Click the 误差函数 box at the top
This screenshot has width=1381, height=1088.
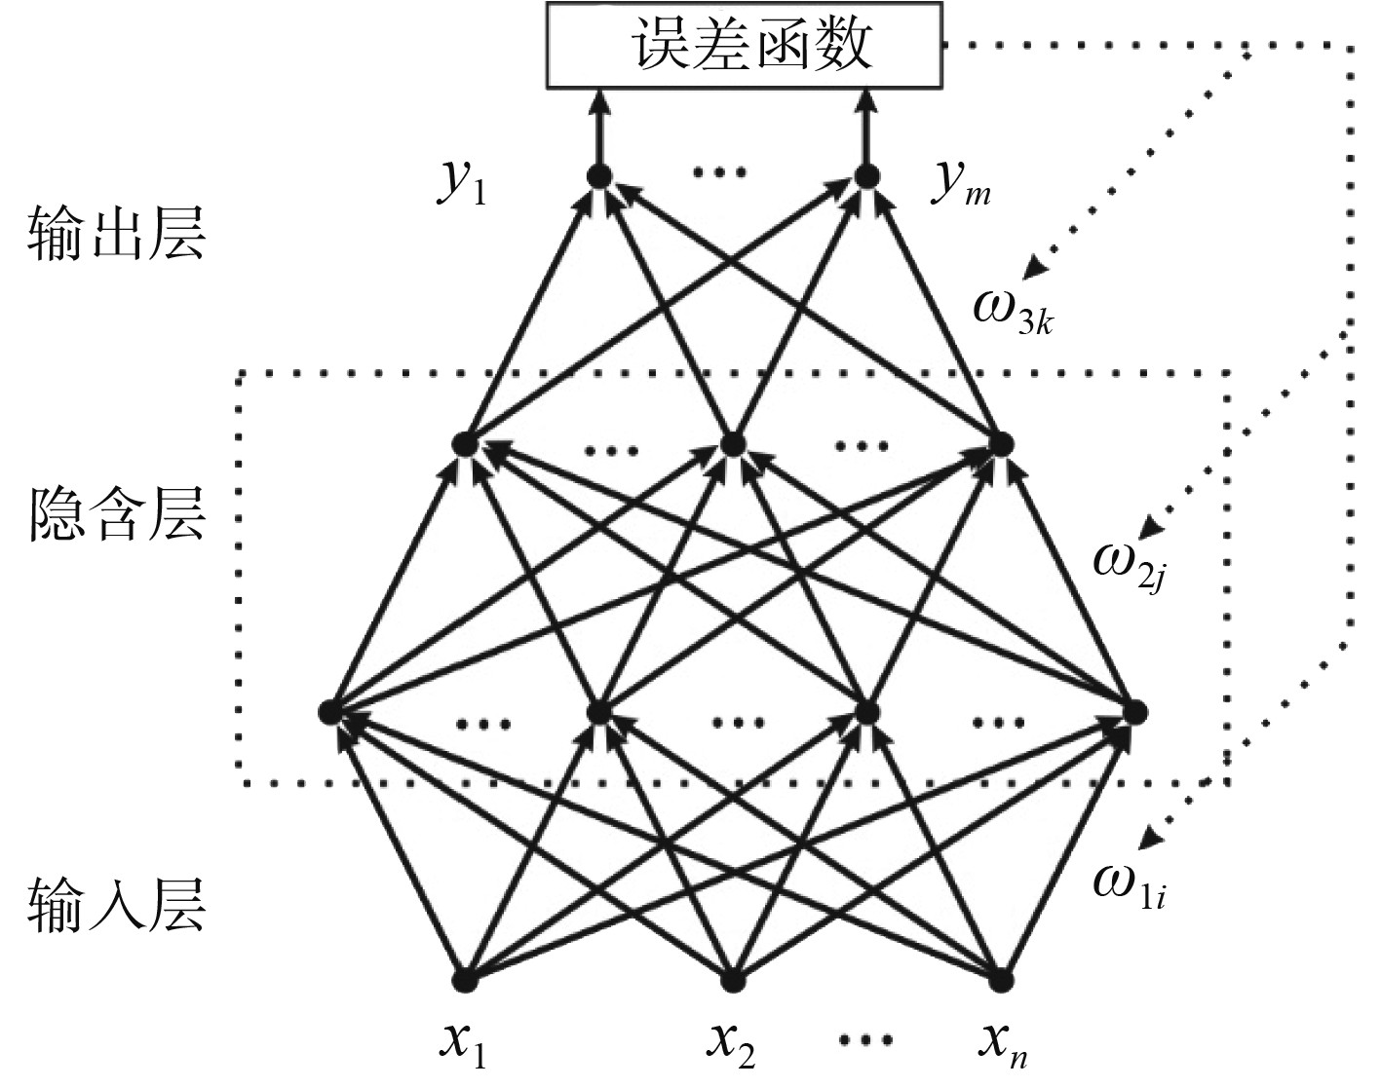click(744, 45)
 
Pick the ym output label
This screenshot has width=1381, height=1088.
click(960, 184)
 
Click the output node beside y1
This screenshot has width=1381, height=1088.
click(598, 176)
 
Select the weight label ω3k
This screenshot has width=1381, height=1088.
click(1014, 311)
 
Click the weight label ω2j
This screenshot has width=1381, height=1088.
click(1129, 566)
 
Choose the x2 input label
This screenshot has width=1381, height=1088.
click(731, 1045)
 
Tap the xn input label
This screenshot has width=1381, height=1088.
click(1004, 1045)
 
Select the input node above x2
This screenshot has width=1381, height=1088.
click(733, 980)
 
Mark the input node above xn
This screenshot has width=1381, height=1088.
click(1001, 980)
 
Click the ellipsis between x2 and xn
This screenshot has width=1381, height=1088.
click(866, 1040)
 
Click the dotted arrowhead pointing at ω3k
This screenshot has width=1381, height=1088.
click(1032, 268)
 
